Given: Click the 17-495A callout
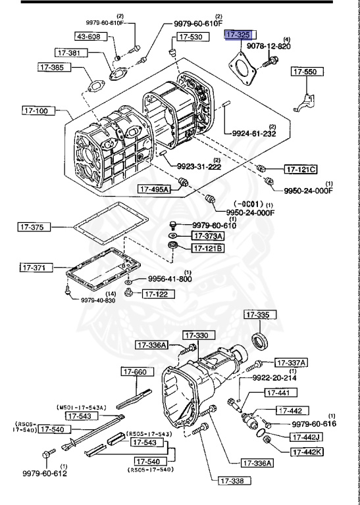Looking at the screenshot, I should coord(154,189).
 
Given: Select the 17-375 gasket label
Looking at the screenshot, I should coord(34,228).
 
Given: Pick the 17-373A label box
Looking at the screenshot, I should coord(207,235).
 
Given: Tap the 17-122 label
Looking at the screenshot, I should coord(158,294).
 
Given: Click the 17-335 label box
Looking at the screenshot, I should coord(257,316).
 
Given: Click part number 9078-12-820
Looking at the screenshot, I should coord(269,47).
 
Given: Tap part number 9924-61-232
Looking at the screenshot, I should coord(253,133).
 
